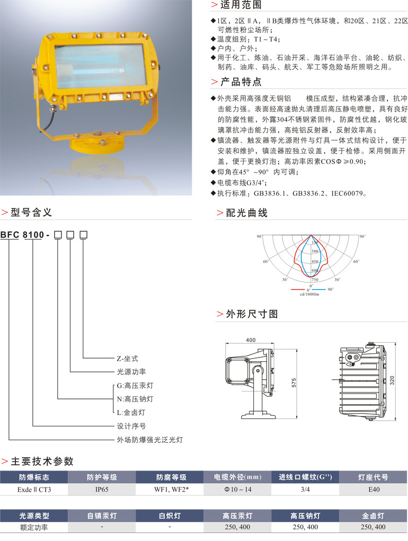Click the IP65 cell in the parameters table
(102, 490)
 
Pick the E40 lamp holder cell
(373, 490)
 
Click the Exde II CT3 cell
(34, 490)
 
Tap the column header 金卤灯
(373, 516)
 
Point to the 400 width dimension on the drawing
(251, 341)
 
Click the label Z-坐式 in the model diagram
(127, 359)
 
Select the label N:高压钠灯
(135, 399)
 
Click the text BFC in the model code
(10, 234)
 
